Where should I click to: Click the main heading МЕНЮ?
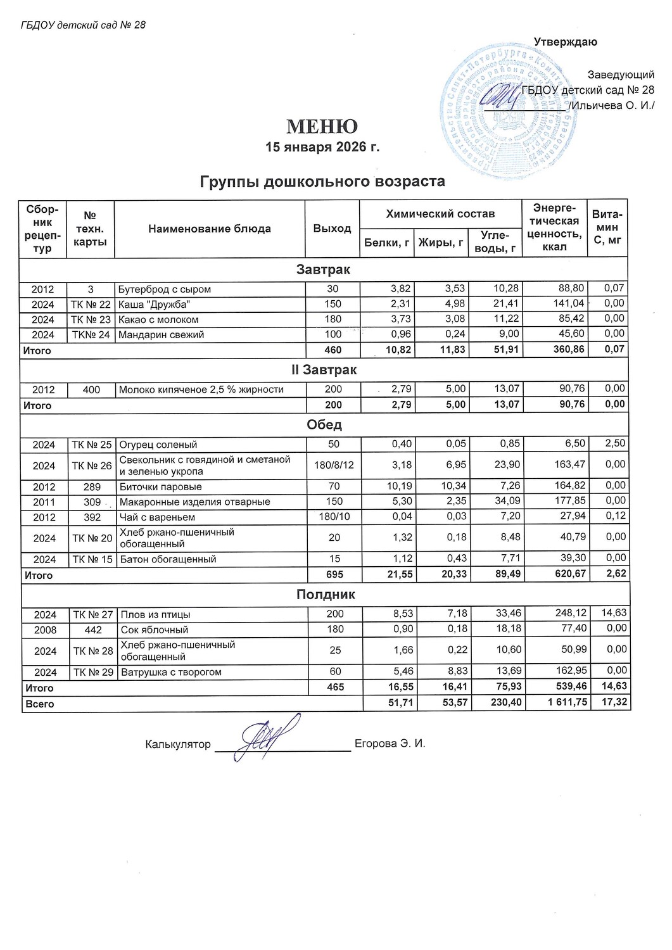(x=322, y=127)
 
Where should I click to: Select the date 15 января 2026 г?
(x=322, y=147)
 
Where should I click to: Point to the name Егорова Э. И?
(x=390, y=744)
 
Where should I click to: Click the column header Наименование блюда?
(x=209, y=229)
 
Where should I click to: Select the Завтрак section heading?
(x=323, y=270)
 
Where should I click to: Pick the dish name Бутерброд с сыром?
(x=165, y=289)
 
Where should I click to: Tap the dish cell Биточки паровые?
(x=161, y=487)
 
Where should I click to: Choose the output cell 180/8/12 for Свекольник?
(x=334, y=465)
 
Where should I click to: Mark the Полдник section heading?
(x=326, y=595)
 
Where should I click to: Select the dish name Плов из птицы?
(x=156, y=615)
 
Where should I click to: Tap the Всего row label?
(x=40, y=704)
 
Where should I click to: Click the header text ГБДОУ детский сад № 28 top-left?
(x=83, y=25)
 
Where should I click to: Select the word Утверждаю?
(x=565, y=42)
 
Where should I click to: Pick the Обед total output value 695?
(x=334, y=575)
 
